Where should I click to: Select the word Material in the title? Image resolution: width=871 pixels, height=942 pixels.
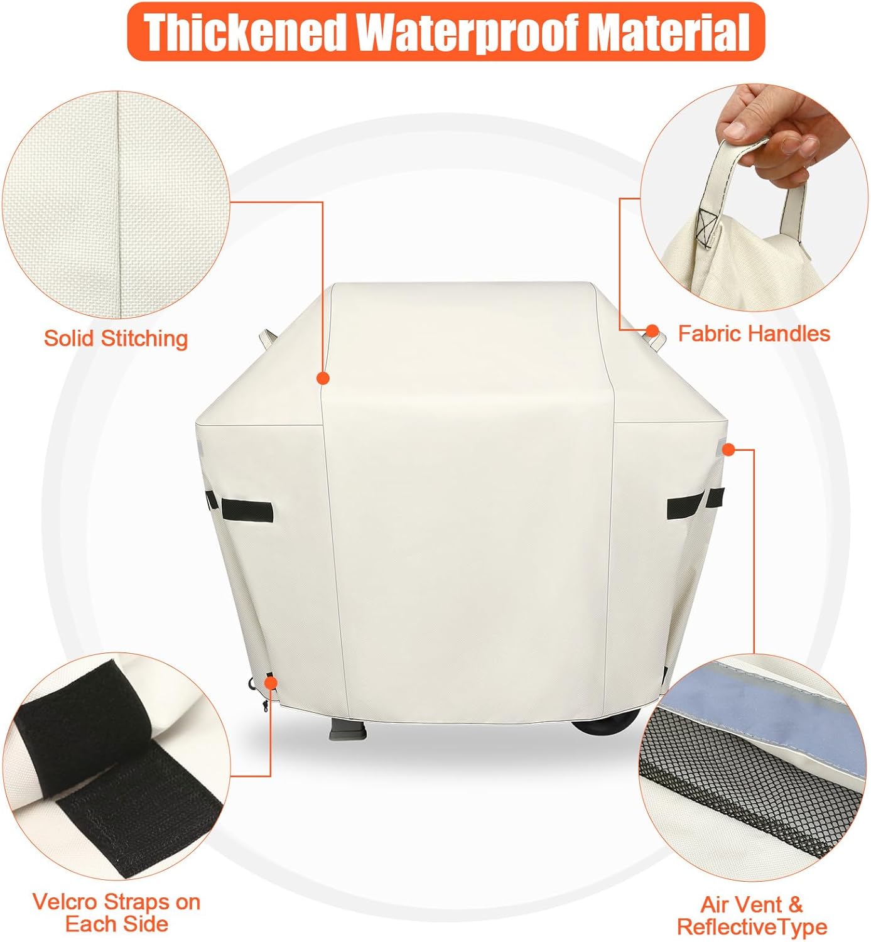(671, 32)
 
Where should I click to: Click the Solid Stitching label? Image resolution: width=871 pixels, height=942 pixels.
(116, 339)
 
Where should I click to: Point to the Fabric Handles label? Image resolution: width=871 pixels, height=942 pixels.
(754, 333)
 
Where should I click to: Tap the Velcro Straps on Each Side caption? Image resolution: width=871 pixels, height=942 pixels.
(117, 912)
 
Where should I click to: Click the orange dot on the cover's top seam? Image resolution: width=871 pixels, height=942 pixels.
(323, 377)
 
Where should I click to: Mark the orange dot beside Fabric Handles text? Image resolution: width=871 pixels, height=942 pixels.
(652, 330)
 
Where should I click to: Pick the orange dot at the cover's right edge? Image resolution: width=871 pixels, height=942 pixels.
(728, 449)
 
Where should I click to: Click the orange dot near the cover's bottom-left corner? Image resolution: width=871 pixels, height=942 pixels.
(271, 683)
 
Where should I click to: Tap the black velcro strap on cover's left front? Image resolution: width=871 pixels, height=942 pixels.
(247, 510)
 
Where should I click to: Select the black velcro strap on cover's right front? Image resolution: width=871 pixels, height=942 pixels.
(685, 506)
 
